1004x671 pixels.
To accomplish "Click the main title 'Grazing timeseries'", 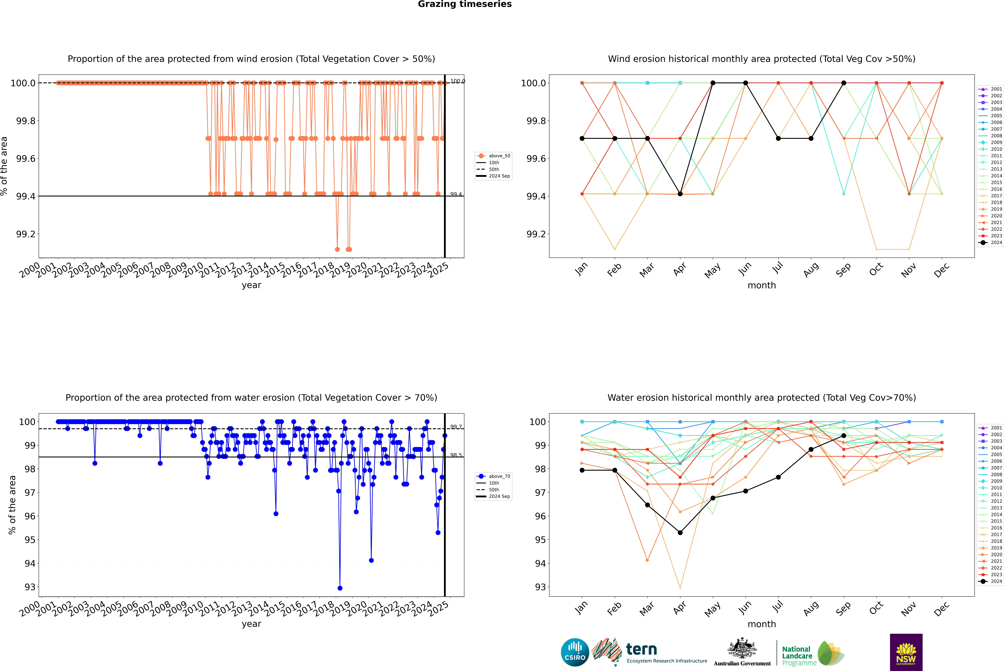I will pyautogui.click(x=465, y=4).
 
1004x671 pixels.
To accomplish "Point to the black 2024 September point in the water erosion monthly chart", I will pyautogui.click(x=844, y=436).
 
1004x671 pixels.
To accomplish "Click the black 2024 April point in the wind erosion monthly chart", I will pyautogui.click(x=680, y=194).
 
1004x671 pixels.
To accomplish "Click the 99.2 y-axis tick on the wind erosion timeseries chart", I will pyautogui.click(x=26, y=234).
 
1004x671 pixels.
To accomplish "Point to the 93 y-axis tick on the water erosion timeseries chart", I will pyautogui.click(x=30, y=587).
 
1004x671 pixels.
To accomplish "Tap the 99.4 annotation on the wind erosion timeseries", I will pyautogui.click(x=456, y=194).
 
